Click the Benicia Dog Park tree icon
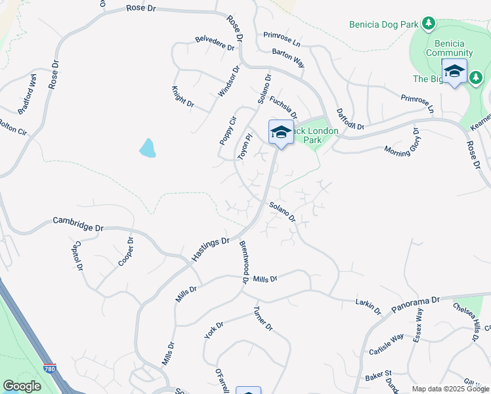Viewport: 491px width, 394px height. [429, 24]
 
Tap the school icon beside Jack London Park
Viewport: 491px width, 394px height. [280, 131]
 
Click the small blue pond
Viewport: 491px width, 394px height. [148, 148]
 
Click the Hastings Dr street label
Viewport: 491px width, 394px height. [210, 250]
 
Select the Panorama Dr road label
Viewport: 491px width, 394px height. [415, 304]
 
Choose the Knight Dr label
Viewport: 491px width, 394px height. [183, 97]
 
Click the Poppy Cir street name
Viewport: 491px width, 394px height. [227, 130]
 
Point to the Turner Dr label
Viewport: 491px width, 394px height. [263, 318]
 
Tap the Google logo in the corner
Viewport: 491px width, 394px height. [22, 386]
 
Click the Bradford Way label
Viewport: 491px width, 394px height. [27, 96]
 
